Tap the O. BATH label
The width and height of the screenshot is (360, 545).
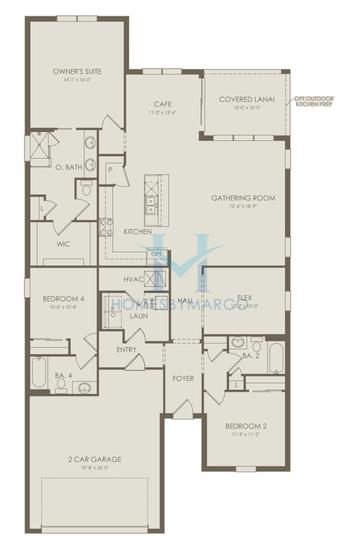[67, 167]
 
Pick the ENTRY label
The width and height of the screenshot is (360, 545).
[126, 349]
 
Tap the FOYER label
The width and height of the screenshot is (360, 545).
[182, 379]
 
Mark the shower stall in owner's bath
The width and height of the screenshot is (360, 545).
[41, 145]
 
